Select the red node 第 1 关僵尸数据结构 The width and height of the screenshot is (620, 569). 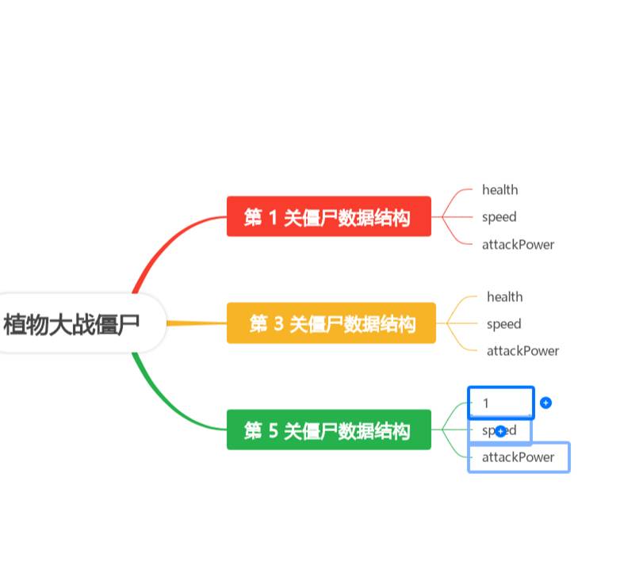tap(328, 216)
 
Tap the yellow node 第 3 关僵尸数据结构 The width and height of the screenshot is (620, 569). tap(331, 323)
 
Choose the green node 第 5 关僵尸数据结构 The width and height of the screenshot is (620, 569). tap(328, 430)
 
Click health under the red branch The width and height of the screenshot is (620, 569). tap(499, 189)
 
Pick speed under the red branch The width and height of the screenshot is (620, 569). tap(499, 216)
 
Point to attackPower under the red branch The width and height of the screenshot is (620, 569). tap(518, 244)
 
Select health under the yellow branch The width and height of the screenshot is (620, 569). tap(504, 296)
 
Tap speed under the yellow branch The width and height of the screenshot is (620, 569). tap(503, 323)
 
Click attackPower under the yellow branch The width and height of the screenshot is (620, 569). tap(522, 350)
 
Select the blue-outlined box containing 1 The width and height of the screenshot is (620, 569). tap(501, 403)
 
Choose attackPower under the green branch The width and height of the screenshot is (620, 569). tap(519, 457)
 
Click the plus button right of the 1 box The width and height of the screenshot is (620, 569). tap(545, 403)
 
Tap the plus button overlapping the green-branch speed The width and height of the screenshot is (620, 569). tap(500, 431)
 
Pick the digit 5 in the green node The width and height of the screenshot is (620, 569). tap(273, 430)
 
